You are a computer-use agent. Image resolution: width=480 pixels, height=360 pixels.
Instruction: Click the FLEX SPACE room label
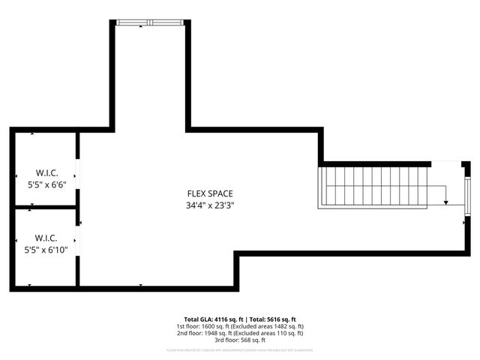tap(215, 193)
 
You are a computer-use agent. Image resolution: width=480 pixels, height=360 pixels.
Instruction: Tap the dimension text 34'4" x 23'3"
tap(215, 205)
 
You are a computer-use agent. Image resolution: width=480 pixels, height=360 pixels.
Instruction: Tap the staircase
tap(373, 187)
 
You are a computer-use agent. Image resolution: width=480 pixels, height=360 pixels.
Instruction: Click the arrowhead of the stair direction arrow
tap(445, 202)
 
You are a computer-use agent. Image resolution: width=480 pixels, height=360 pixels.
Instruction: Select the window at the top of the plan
tap(151, 22)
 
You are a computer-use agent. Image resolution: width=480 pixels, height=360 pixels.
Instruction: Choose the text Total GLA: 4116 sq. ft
tap(212, 319)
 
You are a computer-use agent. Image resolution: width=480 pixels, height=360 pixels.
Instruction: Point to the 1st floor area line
tap(240, 326)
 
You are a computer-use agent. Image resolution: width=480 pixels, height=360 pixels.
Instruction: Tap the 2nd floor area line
tap(240, 333)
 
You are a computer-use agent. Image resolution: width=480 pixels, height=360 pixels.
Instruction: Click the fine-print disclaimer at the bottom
tap(240, 350)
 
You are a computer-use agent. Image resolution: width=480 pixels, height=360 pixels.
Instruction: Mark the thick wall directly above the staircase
tap(375, 163)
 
